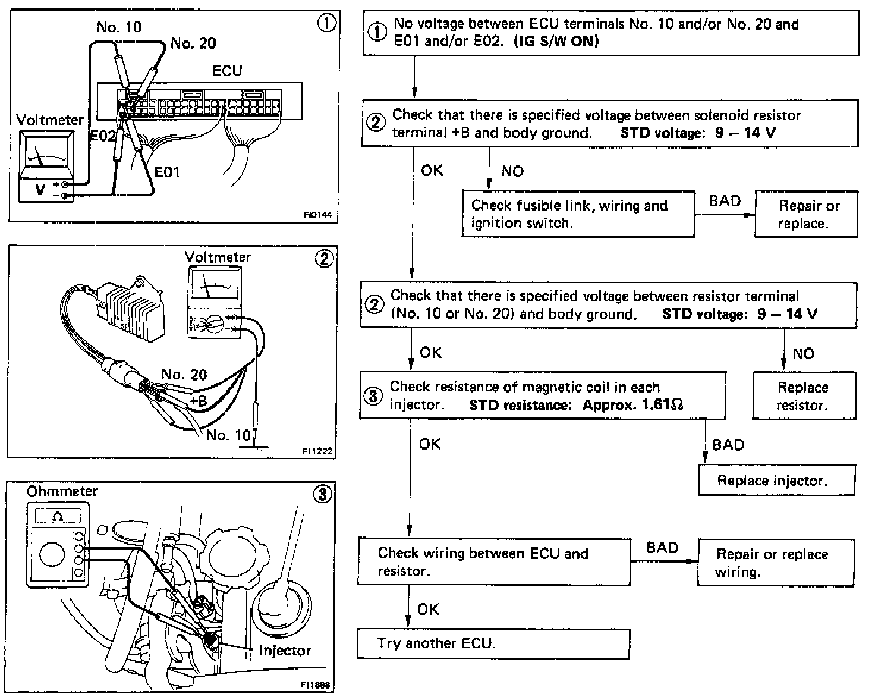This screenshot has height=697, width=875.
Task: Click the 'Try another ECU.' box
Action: pos(493,643)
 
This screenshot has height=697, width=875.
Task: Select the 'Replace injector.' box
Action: pos(776,481)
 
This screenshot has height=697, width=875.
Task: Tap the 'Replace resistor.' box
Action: pos(804,396)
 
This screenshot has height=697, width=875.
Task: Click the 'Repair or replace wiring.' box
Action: pos(775,563)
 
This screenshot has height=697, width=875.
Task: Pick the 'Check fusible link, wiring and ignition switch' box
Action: pos(578,214)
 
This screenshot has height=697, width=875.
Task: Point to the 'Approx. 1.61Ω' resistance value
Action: pos(633,406)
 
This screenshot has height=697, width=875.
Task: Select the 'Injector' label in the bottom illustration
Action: pos(284,651)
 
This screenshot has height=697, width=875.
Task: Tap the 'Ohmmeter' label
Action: pos(62,491)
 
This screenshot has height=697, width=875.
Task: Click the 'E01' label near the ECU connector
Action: pos(167,172)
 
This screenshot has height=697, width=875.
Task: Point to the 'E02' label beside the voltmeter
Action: pos(102,136)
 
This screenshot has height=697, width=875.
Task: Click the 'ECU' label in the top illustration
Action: pos(227,71)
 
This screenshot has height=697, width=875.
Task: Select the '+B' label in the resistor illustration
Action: pos(198,401)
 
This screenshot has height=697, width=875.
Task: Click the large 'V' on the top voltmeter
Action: pos(40,189)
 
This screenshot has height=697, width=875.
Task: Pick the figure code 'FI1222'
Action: pos(317,452)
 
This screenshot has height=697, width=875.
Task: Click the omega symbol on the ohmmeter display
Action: pos(58,517)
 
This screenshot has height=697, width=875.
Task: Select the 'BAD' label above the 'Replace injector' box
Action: pos(728,445)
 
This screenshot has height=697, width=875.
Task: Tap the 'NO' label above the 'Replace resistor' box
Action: pos(803,354)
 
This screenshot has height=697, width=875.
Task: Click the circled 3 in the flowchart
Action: pos(373,396)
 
